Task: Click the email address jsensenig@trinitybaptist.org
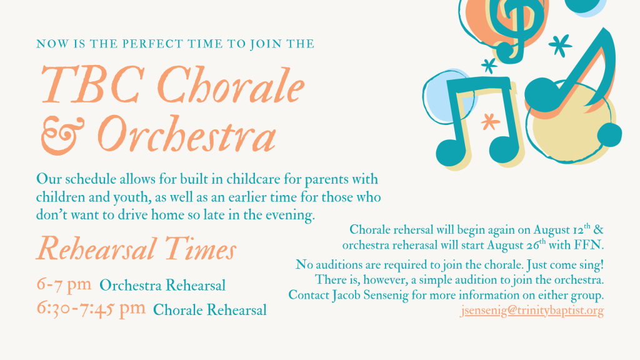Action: (532, 311)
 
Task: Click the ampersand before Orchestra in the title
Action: (63, 136)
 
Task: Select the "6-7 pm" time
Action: (64, 284)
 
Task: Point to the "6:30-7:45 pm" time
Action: (91, 309)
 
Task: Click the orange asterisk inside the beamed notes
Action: (490, 122)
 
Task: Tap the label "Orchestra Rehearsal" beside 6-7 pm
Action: (162, 285)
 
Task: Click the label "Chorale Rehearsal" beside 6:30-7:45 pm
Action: (210, 310)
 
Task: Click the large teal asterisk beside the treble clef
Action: (560, 45)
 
